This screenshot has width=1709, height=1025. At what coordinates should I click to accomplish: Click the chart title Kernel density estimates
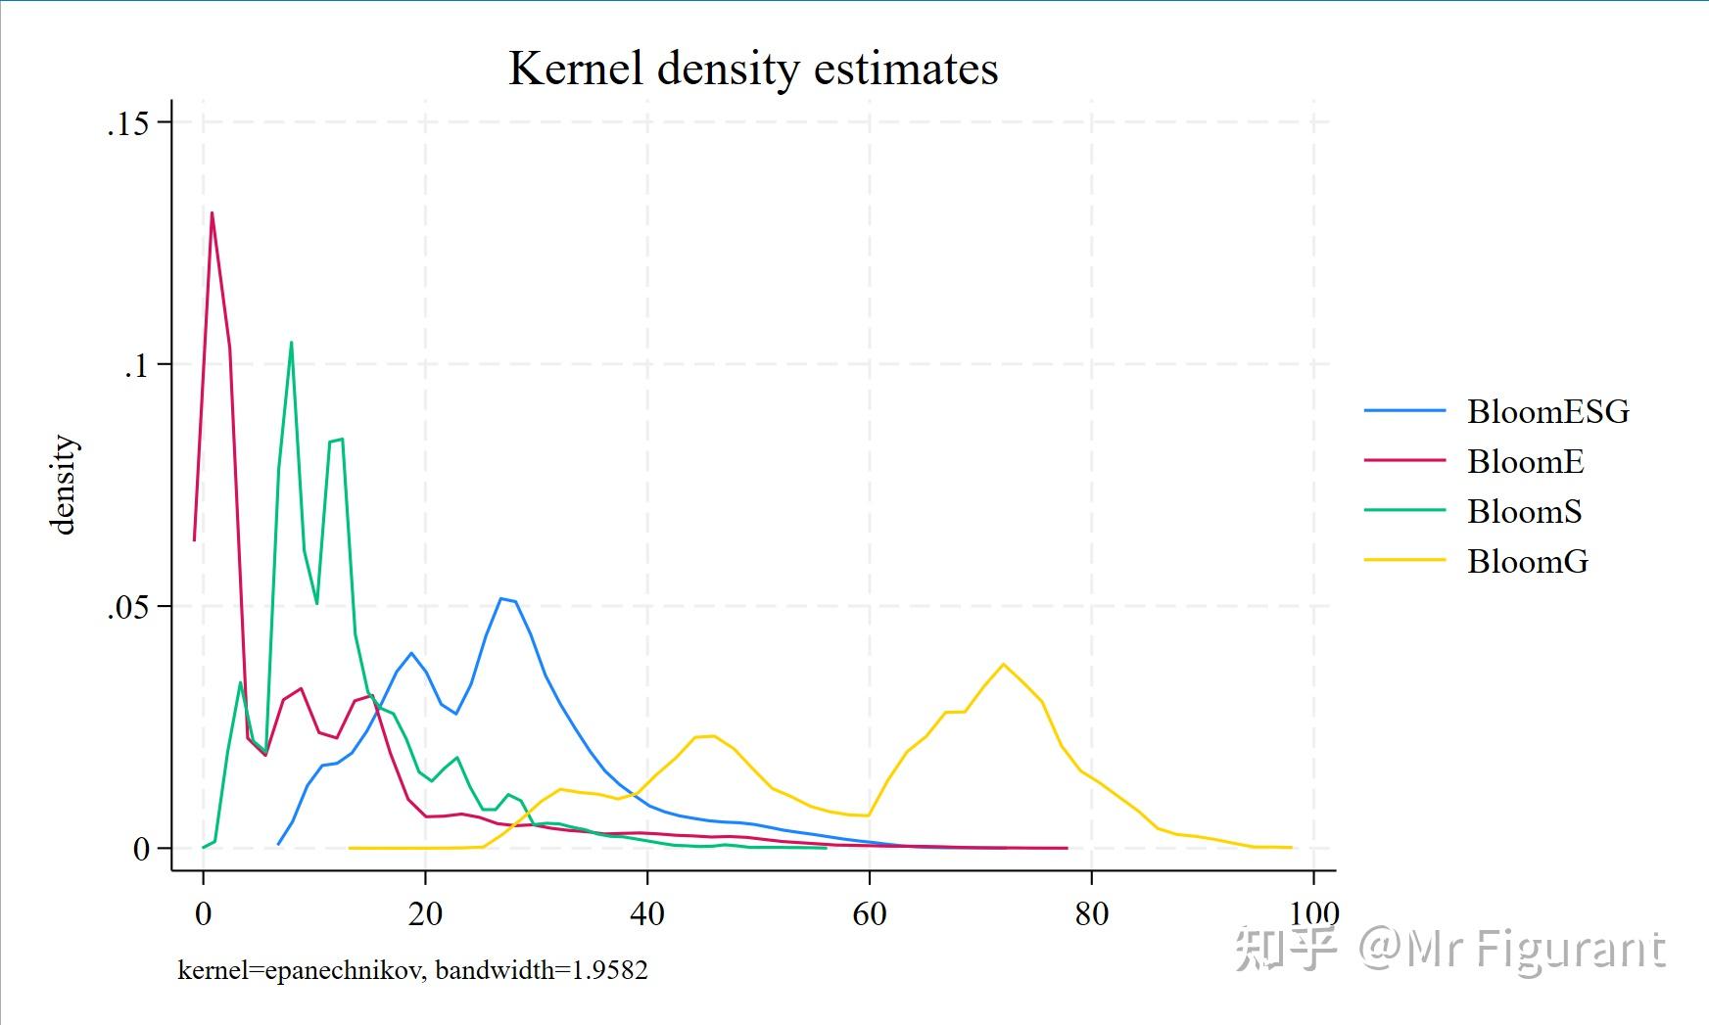[x=753, y=69]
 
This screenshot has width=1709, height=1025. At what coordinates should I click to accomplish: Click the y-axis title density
[x=64, y=486]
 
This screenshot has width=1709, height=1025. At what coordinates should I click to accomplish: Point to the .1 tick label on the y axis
[x=134, y=365]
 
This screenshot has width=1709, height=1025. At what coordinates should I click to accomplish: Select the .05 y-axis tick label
[x=127, y=607]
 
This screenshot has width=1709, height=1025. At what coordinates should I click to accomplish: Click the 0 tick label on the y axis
[x=141, y=849]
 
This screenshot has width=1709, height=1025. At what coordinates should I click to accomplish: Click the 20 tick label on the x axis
[x=425, y=914]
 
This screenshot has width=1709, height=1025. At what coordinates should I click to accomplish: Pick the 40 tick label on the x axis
[x=647, y=914]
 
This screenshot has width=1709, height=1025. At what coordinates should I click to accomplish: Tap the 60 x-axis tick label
[x=870, y=914]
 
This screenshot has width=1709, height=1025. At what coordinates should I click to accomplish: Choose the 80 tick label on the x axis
[x=1092, y=914]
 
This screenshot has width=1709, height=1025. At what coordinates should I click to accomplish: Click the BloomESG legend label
[x=1547, y=412]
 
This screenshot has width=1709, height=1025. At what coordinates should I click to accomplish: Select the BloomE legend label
[x=1525, y=462]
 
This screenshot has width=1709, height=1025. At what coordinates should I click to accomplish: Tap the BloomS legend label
[x=1524, y=512]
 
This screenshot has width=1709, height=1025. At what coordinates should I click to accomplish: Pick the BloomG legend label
[x=1527, y=562]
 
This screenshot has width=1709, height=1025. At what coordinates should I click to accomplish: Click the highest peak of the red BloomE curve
[x=212, y=213]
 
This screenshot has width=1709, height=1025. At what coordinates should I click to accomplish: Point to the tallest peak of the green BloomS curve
[x=291, y=343]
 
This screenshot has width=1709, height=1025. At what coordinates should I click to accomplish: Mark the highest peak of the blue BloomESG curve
[x=500, y=598]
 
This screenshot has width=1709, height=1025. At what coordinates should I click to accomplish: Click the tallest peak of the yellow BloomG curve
[x=1003, y=664]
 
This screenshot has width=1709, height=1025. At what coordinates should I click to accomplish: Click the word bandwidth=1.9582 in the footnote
[x=542, y=970]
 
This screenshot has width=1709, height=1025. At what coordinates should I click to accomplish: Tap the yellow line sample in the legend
[x=1404, y=561]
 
